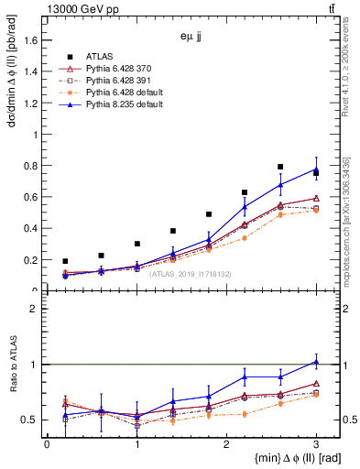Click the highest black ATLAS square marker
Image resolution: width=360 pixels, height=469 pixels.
[280, 167]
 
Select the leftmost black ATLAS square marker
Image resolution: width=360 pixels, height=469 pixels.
[65, 261]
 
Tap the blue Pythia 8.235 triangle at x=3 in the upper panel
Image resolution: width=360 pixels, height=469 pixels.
[316, 169]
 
